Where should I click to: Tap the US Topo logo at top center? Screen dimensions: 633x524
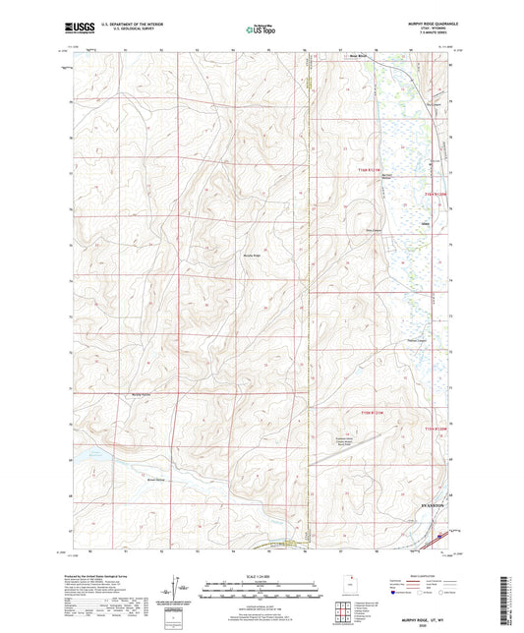point(261,29)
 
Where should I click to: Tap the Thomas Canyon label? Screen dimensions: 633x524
point(418,341)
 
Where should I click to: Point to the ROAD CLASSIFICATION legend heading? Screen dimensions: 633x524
point(431,575)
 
